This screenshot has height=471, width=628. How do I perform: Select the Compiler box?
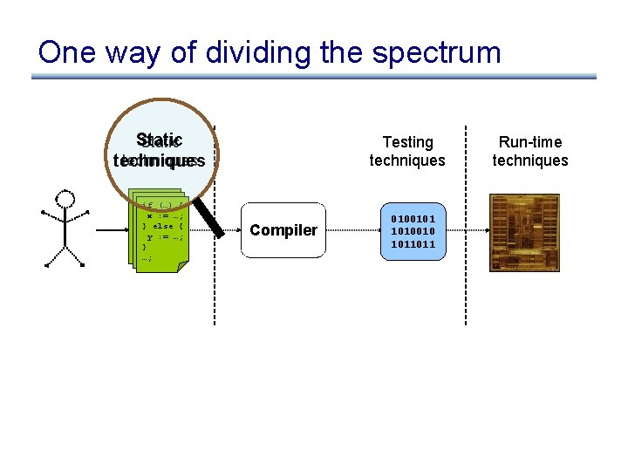[x=283, y=230]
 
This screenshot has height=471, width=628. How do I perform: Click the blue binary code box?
[x=407, y=231]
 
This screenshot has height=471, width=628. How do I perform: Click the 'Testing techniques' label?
[x=407, y=151]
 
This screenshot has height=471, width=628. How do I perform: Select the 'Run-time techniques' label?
[x=530, y=151]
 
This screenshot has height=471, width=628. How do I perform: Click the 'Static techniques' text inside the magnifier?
[x=160, y=151]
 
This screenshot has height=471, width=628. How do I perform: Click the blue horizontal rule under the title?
[x=314, y=77]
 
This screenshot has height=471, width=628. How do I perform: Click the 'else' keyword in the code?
[x=163, y=227]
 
